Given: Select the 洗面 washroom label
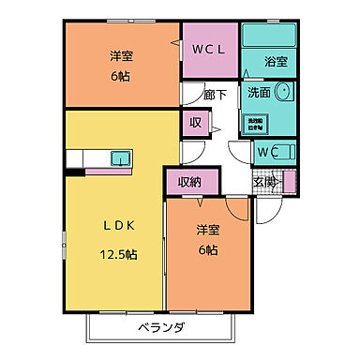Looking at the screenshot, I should click(260, 93).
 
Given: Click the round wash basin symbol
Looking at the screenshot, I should click(284, 93).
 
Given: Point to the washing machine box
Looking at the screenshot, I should click(255, 123).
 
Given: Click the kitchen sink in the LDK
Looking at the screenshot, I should click(121, 158).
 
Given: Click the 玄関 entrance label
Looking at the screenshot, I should click(264, 183).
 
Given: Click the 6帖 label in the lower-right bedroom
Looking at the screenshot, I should click(208, 250).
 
